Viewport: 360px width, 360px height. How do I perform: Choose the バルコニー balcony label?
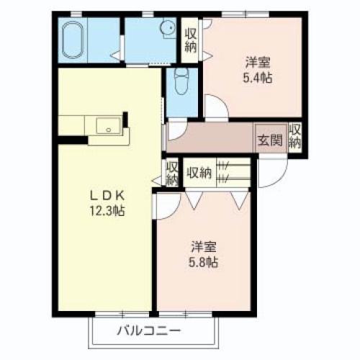pos(148,332)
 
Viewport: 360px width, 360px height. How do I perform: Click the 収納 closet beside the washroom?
pos(191,40)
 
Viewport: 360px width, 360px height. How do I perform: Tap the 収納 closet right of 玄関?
pos(295,137)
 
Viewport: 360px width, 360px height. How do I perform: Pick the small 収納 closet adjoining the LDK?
pos(171,174)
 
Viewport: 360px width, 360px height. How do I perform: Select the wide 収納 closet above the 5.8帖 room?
pos(199,172)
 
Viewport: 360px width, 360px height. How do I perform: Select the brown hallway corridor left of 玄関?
pos(209,138)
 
